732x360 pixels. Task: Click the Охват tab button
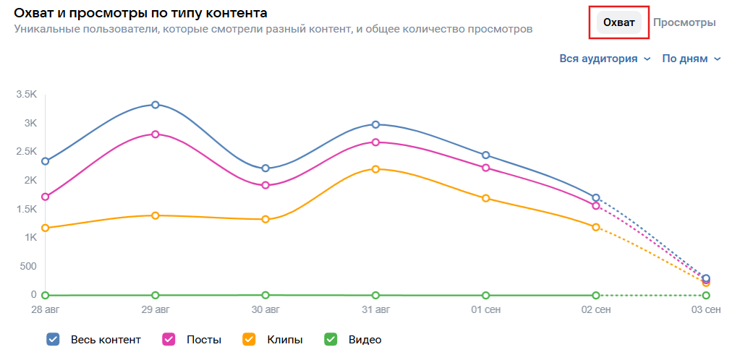coord(619,22)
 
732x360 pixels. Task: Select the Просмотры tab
coord(684,22)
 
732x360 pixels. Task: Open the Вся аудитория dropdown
coord(605,59)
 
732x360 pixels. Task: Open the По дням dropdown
coord(691,59)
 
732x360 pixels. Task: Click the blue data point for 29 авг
coord(156,105)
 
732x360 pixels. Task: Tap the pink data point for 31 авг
coord(375,142)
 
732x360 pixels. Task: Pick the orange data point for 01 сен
coord(486,198)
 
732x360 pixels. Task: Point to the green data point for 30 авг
coord(265,295)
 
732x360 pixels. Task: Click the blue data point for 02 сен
coord(596,197)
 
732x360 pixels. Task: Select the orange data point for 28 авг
coord(46,228)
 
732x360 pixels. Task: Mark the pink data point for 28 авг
coord(46,197)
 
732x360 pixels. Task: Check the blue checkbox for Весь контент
coord(53,339)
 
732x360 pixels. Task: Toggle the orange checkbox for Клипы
coord(250,339)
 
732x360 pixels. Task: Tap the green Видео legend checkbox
coord(331,339)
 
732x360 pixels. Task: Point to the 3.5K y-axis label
coord(26,94)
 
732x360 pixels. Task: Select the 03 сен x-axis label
coord(705,311)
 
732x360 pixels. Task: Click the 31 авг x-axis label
coord(375,311)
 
